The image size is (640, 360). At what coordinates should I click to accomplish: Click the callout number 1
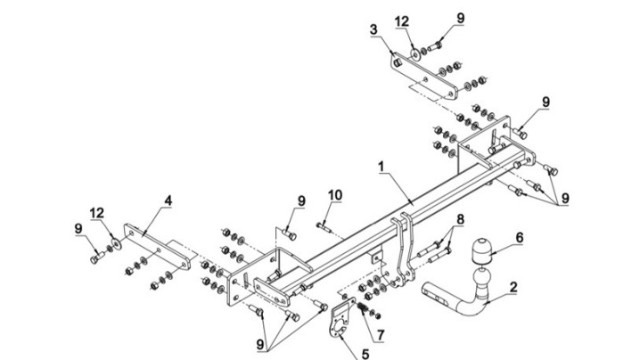click(382, 167)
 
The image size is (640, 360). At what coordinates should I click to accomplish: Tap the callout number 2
click(513, 287)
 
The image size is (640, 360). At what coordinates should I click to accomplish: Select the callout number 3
click(373, 29)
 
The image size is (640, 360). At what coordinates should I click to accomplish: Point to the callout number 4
click(168, 200)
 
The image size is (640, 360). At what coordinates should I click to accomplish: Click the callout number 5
click(365, 354)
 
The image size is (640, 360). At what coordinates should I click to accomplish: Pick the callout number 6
click(519, 237)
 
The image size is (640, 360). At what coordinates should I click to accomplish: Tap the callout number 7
click(381, 335)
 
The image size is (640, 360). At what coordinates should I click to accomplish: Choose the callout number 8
click(460, 219)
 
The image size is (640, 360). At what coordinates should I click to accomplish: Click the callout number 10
click(335, 195)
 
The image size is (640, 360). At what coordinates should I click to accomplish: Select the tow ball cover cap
click(481, 250)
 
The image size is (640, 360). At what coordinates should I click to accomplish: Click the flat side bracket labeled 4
click(157, 246)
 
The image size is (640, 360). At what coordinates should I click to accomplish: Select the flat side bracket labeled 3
click(424, 77)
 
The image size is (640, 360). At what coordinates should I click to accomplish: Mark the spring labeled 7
click(362, 307)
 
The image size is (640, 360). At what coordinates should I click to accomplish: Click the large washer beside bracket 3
click(415, 54)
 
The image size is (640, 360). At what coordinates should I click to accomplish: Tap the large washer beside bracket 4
click(118, 243)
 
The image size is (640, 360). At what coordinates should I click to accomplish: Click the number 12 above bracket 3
click(402, 21)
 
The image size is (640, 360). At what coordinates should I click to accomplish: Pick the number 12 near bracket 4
click(97, 213)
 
